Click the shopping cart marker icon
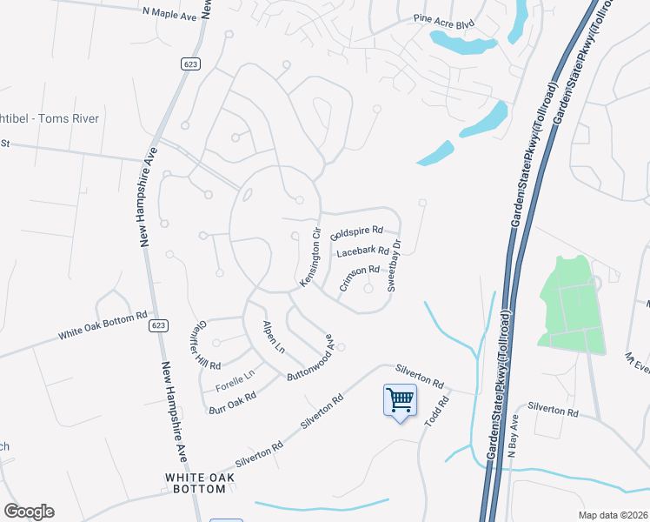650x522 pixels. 400,401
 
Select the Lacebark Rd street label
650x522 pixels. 362,252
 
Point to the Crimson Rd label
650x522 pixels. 360,277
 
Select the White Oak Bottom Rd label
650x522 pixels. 103,327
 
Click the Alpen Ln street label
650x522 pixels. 274,338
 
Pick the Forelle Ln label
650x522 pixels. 235,375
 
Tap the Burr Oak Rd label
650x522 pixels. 232,402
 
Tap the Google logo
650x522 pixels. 29,512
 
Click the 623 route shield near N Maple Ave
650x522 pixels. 190,64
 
